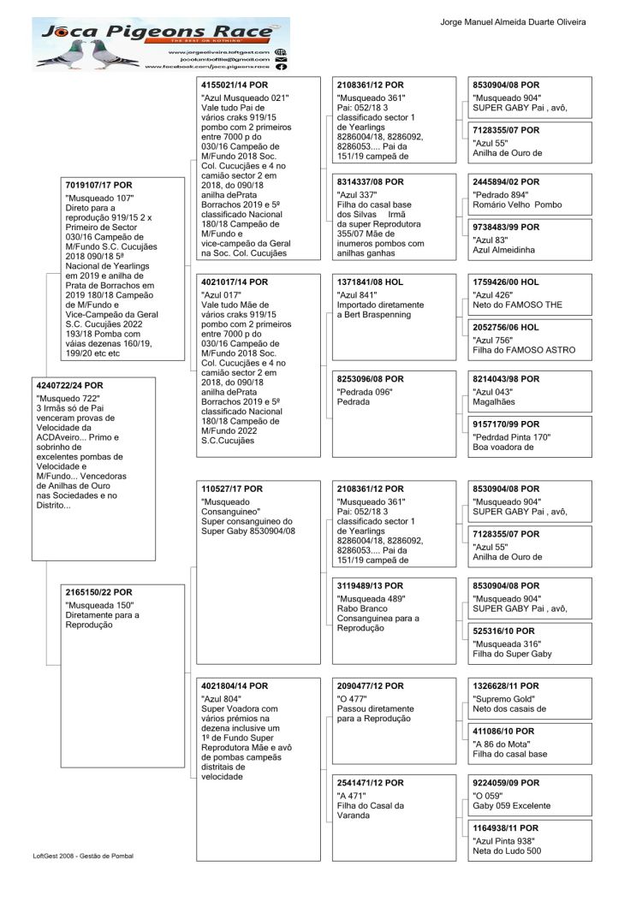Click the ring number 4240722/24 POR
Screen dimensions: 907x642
point(70,385)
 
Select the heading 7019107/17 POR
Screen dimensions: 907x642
point(99,185)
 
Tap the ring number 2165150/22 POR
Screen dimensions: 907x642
point(99,592)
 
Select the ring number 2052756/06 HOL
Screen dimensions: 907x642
point(507,327)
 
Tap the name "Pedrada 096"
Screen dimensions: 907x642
point(366,392)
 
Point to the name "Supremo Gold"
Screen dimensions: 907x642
point(503,698)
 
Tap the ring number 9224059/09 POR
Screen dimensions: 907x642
point(507,783)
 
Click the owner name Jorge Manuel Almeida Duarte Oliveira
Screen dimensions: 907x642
point(513,21)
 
